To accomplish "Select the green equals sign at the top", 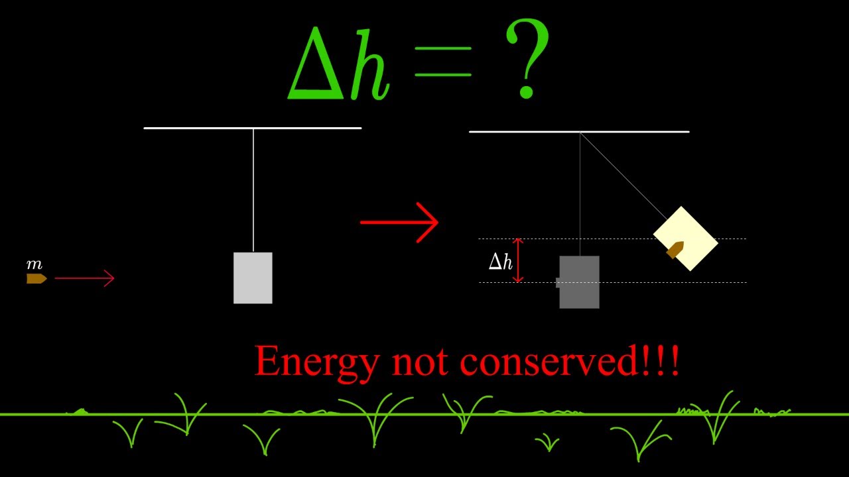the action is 442,62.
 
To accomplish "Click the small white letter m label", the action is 34,264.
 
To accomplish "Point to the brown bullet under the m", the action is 36,279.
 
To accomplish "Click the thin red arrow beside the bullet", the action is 84,278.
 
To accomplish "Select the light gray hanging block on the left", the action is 253,278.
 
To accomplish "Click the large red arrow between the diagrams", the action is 399,222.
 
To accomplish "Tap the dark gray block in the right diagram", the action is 579,282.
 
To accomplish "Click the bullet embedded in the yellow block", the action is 675,250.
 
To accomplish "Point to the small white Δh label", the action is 501,262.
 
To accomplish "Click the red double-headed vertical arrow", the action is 519,260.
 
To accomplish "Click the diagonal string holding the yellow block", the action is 623,175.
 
